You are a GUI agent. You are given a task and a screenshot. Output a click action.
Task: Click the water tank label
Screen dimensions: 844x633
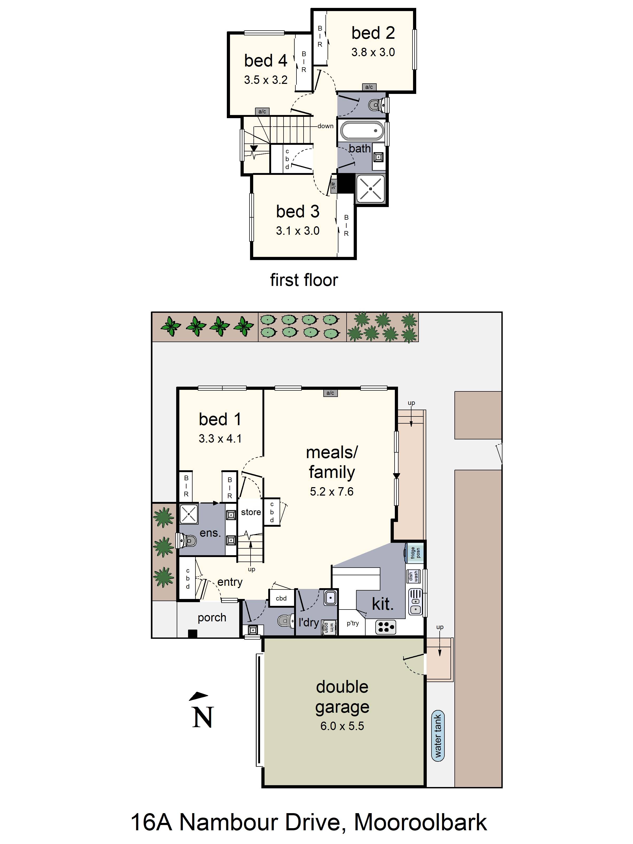click(438, 735)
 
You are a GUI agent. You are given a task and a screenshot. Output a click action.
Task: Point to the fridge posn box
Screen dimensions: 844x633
click(415, 553)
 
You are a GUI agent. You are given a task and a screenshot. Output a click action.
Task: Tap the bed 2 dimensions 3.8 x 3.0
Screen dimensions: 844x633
click(373, 52)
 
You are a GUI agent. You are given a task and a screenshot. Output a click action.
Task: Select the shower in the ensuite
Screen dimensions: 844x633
click(189, 514)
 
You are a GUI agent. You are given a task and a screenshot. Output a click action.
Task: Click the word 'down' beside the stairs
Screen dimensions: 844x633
click(325, 126)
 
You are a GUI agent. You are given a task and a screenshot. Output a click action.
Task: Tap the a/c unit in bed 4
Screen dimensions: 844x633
click(262, 111)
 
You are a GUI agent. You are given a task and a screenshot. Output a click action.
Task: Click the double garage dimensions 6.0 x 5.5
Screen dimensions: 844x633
click(342, 726)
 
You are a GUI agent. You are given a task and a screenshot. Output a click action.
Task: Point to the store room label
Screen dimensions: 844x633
click(251, 512)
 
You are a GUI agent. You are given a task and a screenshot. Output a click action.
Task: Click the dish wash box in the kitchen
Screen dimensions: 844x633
click(413, 576)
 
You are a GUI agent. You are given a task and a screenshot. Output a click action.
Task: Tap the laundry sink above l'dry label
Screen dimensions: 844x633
click(330, 597)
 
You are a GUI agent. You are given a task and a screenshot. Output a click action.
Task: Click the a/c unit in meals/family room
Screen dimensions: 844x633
click(330, 393)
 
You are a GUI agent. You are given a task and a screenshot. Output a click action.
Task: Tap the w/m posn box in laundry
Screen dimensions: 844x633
click(329, 627)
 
